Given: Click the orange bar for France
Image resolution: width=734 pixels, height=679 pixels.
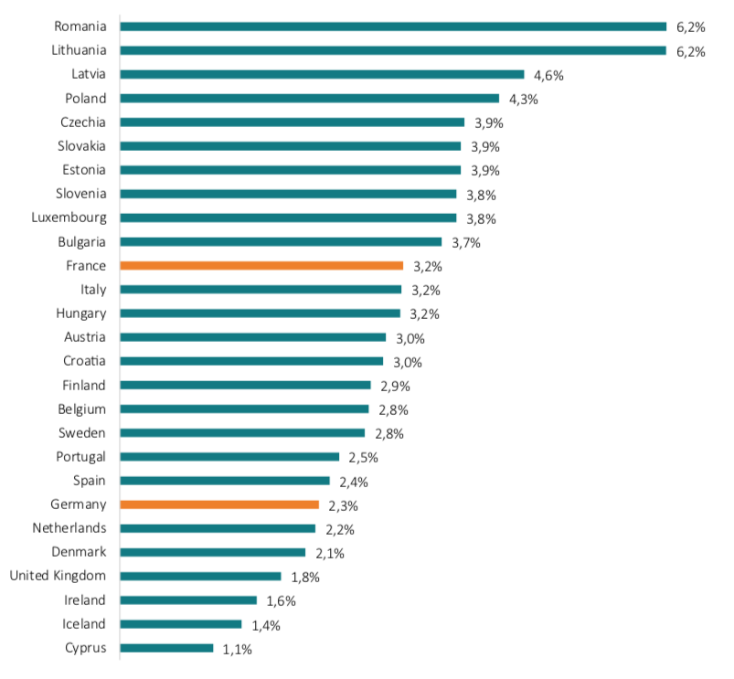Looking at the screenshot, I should [x=261, y=266].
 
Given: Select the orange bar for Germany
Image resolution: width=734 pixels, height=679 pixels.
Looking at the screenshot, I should [x=219, y=504].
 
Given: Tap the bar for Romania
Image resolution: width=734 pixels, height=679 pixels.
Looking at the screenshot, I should [x=393, y=27].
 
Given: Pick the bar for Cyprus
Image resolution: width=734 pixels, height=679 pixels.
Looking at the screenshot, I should [x=166, y=648].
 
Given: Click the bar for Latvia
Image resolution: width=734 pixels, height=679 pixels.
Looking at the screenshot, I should [x=322, y=74].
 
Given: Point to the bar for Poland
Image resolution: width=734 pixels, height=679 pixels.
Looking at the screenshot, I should [x=309, y=98].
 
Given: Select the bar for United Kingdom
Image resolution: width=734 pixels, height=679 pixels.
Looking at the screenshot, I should [x=200, y=576].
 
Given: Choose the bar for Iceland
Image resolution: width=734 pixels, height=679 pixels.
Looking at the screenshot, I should [x=181, y=624].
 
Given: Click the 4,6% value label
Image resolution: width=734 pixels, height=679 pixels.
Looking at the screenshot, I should [x=548, y=75].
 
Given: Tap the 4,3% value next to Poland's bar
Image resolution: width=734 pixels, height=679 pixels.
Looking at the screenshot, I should [x=524, y=99].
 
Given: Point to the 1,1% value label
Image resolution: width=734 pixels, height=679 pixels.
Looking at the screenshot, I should [x=237, y=649].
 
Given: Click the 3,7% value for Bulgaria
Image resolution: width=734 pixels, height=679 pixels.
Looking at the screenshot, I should [x=465, y=242].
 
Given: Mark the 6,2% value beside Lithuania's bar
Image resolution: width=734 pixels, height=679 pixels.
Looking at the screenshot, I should [x=691, y=51].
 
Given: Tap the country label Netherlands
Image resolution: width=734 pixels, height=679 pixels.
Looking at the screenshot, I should [x=69, y=528].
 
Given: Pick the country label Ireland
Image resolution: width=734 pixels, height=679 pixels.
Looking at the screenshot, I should [x=84, y=599].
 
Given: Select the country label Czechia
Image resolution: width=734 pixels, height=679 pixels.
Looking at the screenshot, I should [x=83, y=122].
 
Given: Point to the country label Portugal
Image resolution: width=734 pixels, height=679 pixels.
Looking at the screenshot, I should [x=81, y=456].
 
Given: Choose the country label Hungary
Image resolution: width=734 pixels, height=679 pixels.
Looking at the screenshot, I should [x=80, y=313].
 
